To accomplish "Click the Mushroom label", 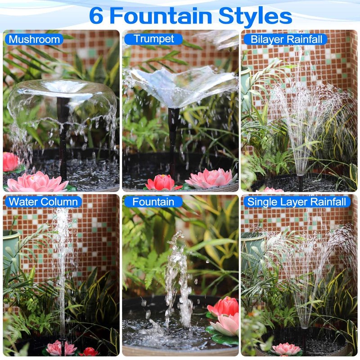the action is coord(34,40).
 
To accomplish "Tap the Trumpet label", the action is coord(153,39).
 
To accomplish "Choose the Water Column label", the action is coord(43,202).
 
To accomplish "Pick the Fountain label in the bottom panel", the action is coord(153,202).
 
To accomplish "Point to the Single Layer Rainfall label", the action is coord(297,202).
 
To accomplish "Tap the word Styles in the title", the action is coord(255,16).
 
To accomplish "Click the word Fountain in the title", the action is coord(161,16).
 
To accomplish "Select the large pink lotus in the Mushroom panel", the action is coord(37,182).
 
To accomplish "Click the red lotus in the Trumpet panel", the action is coord(163,182).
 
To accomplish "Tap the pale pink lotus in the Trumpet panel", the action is coord(211,178).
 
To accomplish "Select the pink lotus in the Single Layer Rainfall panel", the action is coord(286,349).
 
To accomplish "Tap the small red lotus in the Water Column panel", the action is coord(89,352).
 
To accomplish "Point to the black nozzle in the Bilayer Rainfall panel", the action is coord(300,183).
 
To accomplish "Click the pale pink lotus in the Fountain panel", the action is coord(225,324).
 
